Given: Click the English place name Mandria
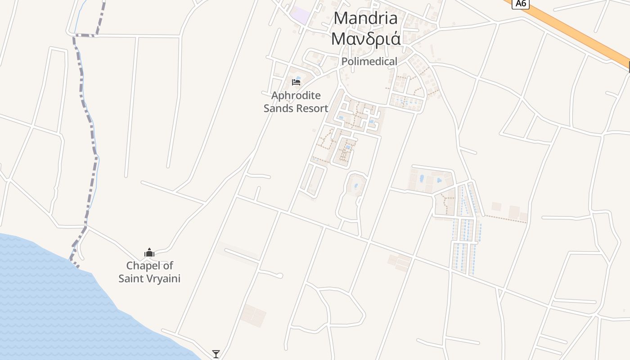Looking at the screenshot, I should [x=366, y=18].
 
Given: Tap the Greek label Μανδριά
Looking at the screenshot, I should [x=366, y=39].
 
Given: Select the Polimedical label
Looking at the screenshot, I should [x=369, y=62].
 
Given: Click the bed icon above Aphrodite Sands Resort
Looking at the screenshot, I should [x=296, y=82].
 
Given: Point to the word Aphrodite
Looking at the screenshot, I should [x=296, y=95].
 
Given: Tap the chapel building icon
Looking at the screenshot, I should [x=149, y=252].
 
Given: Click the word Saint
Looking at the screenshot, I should [x=131, y=279].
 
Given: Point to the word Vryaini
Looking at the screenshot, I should [x=163, y=279].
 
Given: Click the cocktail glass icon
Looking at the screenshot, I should [x=216, y=354].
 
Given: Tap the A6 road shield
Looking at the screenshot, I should [x=521, y=4].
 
